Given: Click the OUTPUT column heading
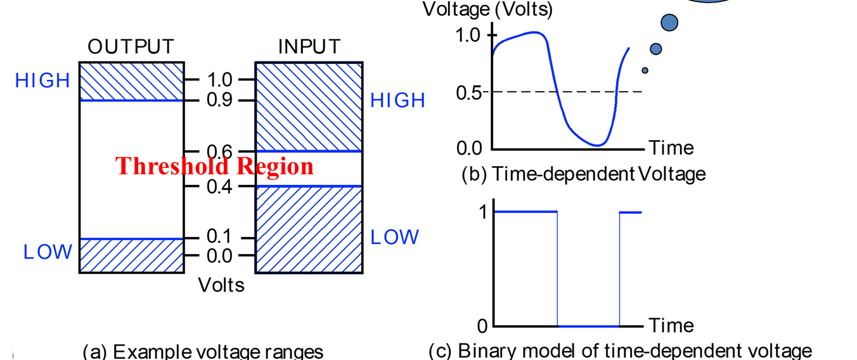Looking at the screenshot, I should (x=131, y=47).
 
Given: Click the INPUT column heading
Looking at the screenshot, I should (x=309, y=47).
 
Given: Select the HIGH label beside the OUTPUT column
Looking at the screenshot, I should (x=42, y=81).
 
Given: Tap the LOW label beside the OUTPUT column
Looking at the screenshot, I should (x=48, y=252).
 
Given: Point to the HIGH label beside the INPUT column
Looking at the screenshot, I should (x=397, y=101).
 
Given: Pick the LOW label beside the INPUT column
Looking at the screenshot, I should (x=394, y=237).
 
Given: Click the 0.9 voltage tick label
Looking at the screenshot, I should (x=219, y=100).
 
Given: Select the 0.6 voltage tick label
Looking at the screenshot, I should (x=219, y=151).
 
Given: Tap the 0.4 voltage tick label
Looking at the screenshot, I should (x=219, y=186).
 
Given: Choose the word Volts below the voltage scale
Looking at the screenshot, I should (x=221, y=285).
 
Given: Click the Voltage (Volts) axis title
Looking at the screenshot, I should (x=487, y=10).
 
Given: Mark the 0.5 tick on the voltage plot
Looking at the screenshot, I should (x=470, y=93).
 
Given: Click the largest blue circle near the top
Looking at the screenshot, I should (x=669, y=23).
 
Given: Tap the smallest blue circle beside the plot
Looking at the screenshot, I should (x=645, y=70).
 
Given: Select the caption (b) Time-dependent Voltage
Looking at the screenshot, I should (x=583, y=173).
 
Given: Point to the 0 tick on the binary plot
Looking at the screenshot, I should (x=482, y=326).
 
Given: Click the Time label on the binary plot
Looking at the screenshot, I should (x=671, y=326).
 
